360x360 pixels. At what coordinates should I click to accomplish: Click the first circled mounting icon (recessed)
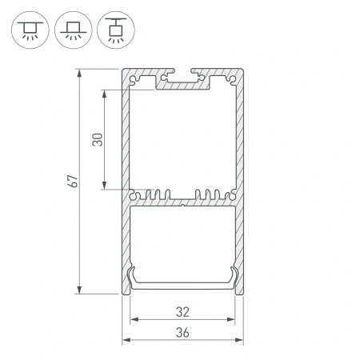(29, 30)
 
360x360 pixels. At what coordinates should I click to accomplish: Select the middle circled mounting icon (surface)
(74, 30)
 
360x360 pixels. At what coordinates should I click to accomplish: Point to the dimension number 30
(97, 140)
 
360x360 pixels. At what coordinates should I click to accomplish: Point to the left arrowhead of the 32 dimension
(134, 320)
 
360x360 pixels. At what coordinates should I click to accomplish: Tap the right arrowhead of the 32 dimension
(233, 320)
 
